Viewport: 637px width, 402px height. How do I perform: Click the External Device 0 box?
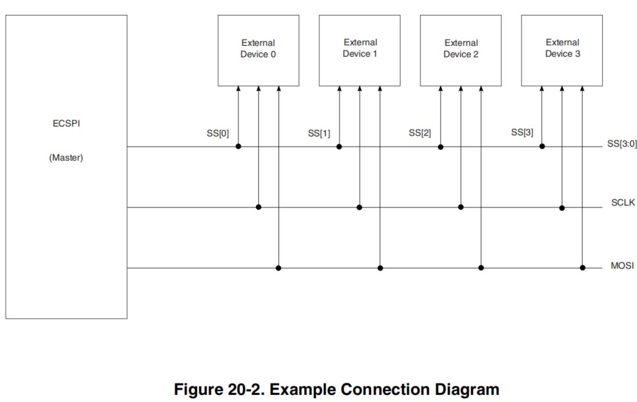pyautogui.click(x=258, y=50)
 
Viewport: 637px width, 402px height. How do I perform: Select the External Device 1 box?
pyautogui.click(x=359, y=49)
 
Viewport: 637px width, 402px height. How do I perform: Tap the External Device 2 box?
pyautogui.click(x=461, y=50)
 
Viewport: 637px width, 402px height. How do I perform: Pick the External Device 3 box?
pyautogui.click(x=562, y=49)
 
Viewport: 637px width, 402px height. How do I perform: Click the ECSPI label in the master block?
pyautogui.click(x=66, y=123)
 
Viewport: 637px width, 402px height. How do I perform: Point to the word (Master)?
pyautogui.click(x=66, y=158)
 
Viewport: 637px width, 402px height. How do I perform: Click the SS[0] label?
pyautogui.click(x=218, y=134)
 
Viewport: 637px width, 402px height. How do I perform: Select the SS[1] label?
pyautogui.click(x=319, y=134)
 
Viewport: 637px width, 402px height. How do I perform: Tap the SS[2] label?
pyautogui.click(x=420, y=133)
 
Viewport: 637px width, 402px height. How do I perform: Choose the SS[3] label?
pyautogui.click(x=522, y=132)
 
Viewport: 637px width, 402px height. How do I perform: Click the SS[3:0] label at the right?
pyautogui.click(x=621, y=144)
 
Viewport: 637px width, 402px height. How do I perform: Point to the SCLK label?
pyautogui.click(x=623, y=203)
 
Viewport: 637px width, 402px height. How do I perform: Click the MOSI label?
pyautogui.click(x=623, y=266)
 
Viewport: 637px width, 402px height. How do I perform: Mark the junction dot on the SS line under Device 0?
pyautogui.click(x=238, y=147)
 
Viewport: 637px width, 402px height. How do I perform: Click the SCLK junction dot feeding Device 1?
pyautogui.click(x=359, y=207)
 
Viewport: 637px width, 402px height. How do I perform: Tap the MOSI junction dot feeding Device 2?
pyautogui.click(x=481, y=268)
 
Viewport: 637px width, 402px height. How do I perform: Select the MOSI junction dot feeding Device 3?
pyautogui.click(x=582, y=268)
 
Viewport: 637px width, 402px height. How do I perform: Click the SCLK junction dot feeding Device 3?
pyautogui.click(x=562, y=207)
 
